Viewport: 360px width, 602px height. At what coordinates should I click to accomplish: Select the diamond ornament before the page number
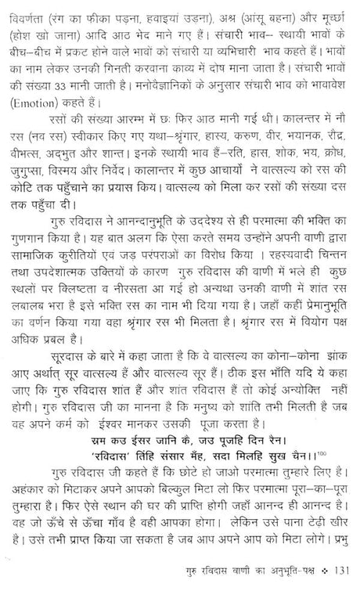[x=322, y=589]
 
